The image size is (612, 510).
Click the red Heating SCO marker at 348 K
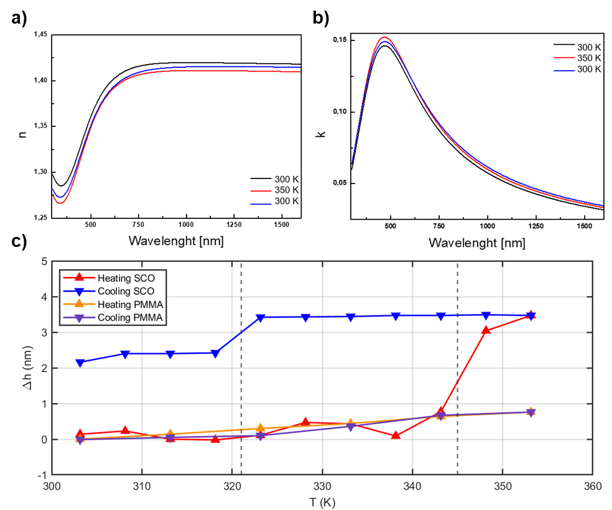[486, 330]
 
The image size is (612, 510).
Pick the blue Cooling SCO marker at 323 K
[261, 318]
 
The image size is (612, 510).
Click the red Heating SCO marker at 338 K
[396, 435]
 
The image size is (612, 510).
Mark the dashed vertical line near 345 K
[458, 373]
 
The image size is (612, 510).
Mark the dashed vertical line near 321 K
[241, 373]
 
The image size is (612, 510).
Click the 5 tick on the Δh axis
[44, 262]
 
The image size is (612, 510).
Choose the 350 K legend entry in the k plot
[588, 57]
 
